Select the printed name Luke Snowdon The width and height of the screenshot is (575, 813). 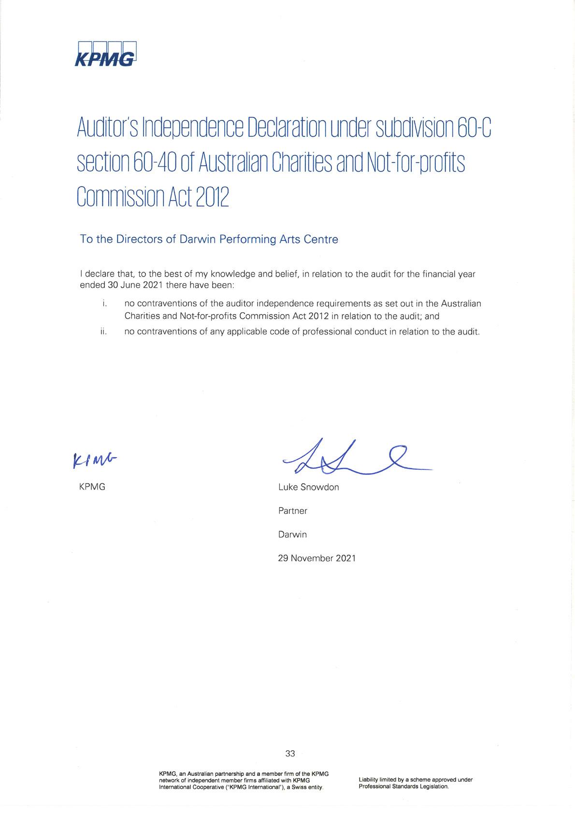[308, 487]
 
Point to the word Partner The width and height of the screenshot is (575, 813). [292, 511]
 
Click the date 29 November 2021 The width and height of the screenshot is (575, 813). [316, 558]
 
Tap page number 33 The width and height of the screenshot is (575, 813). [290, 754]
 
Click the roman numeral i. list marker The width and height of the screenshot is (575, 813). [104, 304]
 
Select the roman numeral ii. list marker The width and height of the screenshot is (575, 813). [103, 332]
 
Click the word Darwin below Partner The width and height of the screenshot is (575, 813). [292, 535]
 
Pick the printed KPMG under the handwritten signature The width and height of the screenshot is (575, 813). [92, 487]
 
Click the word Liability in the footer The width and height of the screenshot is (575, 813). [370, 780]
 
